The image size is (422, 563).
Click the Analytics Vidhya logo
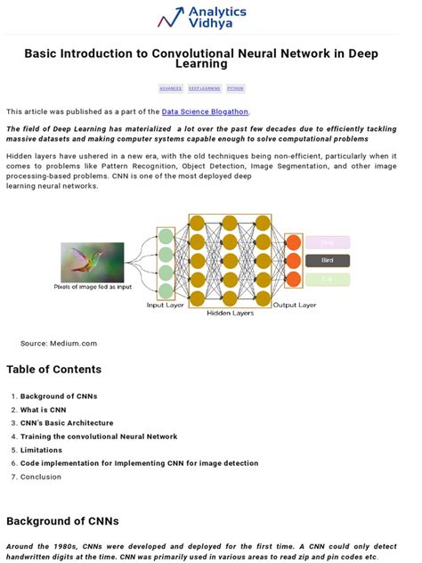202,18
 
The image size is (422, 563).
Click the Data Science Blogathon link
205,111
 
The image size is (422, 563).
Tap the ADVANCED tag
171,89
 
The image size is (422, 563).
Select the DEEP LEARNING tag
204,89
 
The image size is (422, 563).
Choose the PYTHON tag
235,89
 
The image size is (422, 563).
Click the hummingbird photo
92,263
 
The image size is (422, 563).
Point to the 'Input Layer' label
166,305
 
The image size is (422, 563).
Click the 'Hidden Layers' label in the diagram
231,314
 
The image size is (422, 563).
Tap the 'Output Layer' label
295,305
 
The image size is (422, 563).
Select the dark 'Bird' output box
327,261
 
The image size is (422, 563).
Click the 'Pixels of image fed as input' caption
93,287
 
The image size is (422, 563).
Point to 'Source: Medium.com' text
59,343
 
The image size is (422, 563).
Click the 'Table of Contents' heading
53,370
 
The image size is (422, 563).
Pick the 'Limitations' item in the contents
42,450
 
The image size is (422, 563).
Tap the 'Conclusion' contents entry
41,477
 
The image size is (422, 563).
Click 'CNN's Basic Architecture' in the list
67,423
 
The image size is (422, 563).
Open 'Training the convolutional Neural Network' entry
99,437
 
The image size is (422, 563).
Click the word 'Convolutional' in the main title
191,53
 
